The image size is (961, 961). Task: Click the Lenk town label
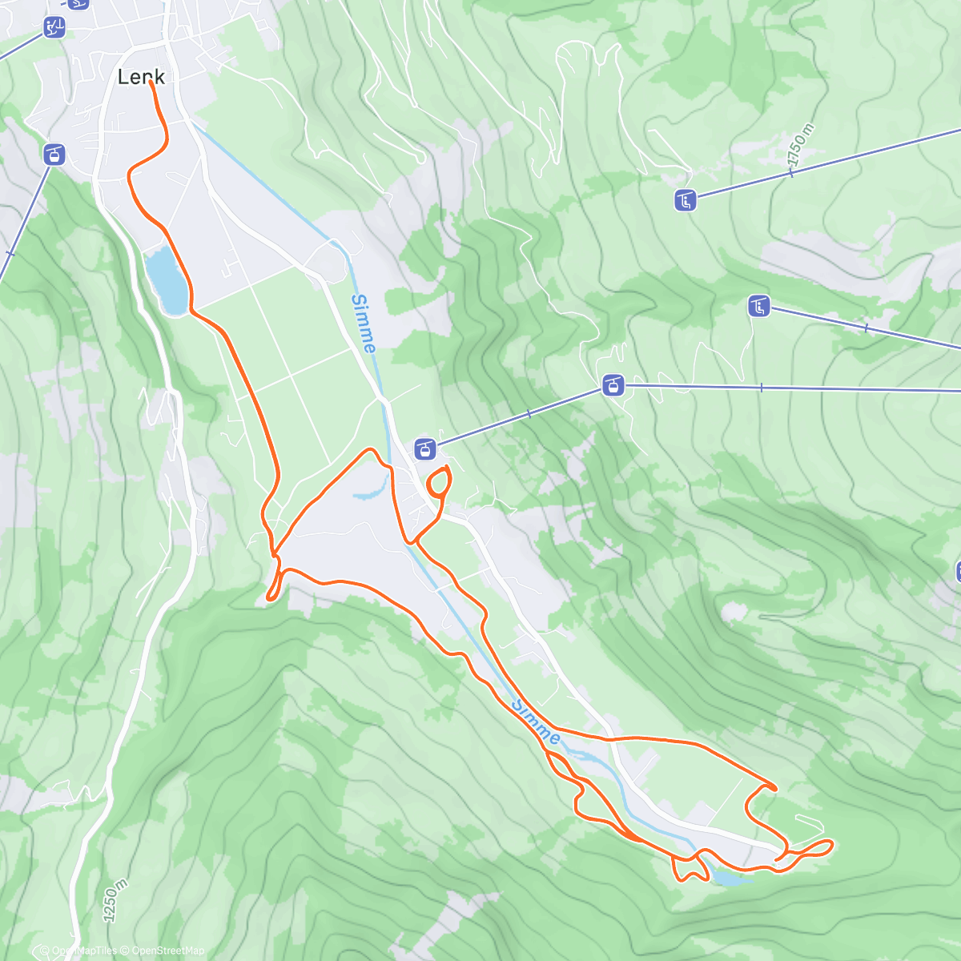tap(141, 77)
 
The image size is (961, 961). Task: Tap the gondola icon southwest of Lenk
tap(54, 154)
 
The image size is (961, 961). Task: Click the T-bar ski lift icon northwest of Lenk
tap(54, 27)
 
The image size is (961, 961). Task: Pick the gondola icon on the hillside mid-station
tap(613, 386)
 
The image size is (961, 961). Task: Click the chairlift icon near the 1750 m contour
tap(686, 200)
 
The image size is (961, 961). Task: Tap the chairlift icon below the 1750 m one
tap(759, 306)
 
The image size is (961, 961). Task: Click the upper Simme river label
tap(363, 323)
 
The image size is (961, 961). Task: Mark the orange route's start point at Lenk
tap(151, 82)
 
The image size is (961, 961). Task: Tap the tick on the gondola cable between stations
tap(529, 414)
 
